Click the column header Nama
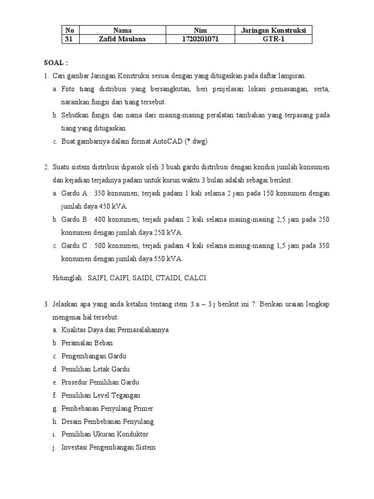(x=122, y=30)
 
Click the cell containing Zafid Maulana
(x=122, y=39)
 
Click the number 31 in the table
(x=69, y=39)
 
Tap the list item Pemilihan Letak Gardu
(x=95, y=369)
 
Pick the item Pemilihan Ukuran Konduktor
(x=105, y=434)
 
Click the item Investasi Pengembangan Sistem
(x=109, y=447)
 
